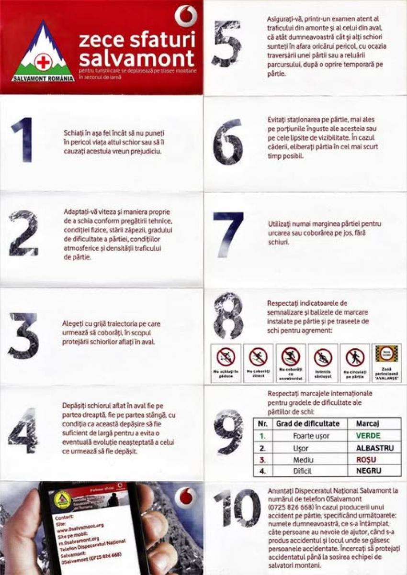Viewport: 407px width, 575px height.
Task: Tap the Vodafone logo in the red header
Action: [186, 15]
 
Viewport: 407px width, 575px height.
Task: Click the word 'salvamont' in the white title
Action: [136, 59]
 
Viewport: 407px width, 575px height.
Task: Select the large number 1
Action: [23, 140]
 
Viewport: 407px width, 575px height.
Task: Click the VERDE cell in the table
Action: [368, 436]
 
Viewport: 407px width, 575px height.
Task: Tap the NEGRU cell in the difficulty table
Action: [368, 471]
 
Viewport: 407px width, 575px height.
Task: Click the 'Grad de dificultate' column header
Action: [307, 423]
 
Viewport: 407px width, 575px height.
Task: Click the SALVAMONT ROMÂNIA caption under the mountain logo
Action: [43, 78]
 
